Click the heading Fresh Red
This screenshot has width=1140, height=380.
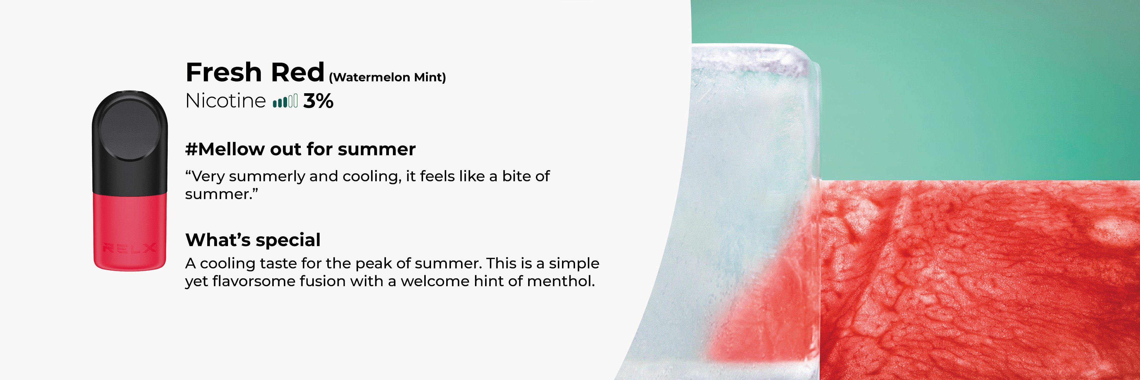click(x=255, y=72)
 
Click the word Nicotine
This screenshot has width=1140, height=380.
click(x=225, y=101)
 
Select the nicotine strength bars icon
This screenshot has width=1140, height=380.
click(x=285, y=101)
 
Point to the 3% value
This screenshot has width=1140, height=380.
click(x=318, y=101)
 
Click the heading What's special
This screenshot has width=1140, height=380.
click(x=253, y=240)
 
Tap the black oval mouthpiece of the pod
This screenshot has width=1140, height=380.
click(x=129, y=129)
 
